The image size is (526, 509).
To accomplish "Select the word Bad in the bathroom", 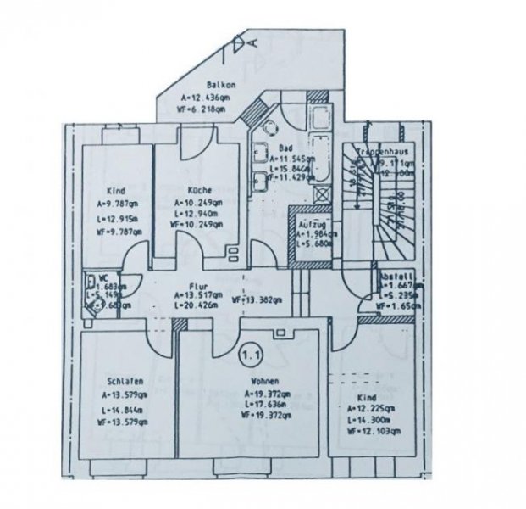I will pos(285,147).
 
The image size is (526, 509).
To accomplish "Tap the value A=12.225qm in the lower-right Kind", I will pos(368,409).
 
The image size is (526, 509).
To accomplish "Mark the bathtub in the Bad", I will pos(321,131).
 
